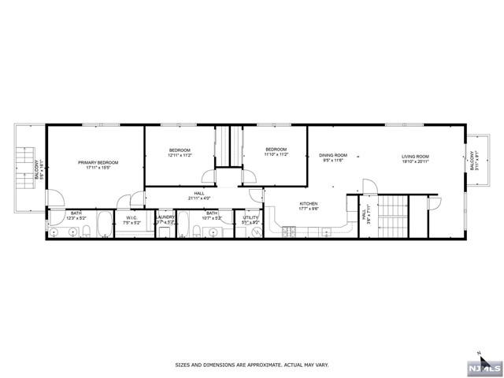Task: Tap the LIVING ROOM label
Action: [415, 156]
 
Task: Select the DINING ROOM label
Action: [333, 156]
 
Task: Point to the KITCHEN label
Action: [308, 204]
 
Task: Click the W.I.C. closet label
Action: [132, 219]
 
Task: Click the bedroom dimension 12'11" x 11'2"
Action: [180, 156]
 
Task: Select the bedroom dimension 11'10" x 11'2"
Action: [276, 155]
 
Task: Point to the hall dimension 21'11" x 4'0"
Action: [200, 198]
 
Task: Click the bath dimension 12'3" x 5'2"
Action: [76, 217]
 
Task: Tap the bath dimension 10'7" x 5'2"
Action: [212, 217]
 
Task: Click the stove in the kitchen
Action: [287, 231]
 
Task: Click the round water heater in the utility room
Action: [255, 232]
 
